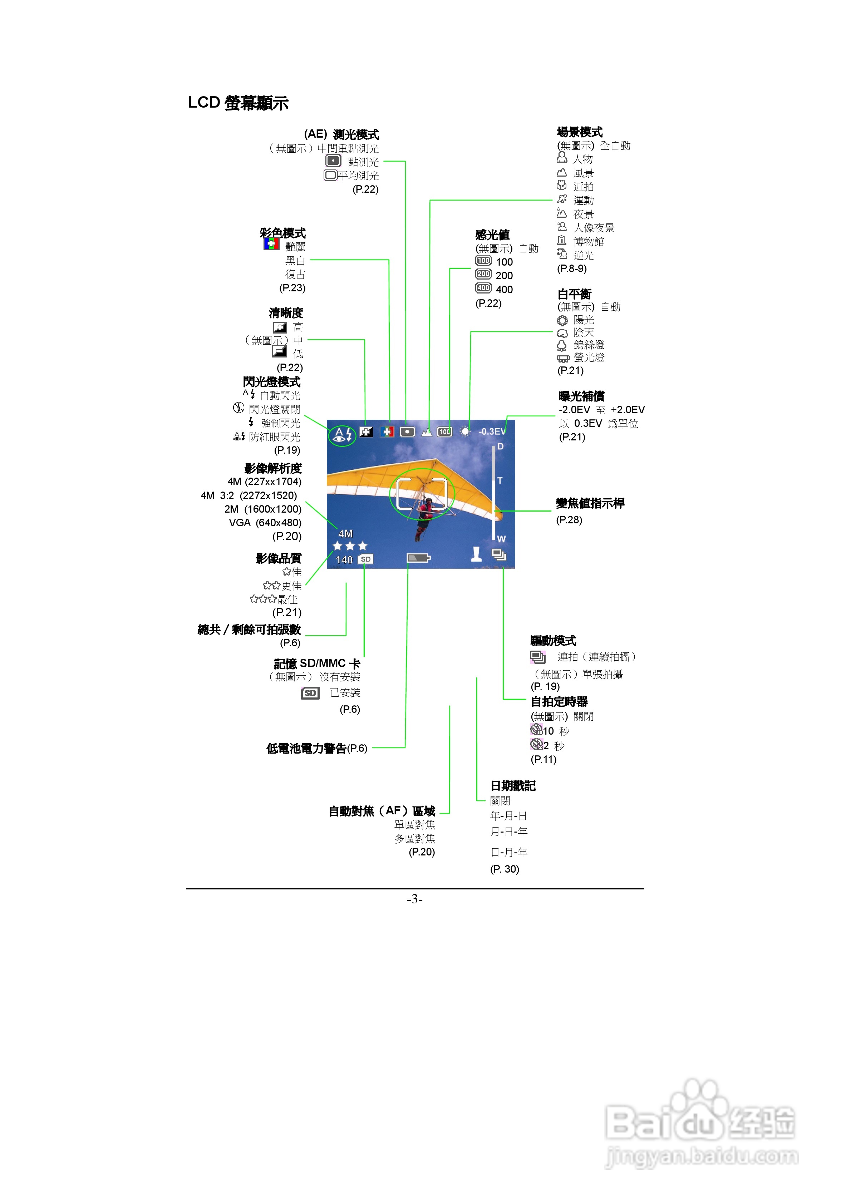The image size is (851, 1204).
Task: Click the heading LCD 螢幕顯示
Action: [x=238, y=103]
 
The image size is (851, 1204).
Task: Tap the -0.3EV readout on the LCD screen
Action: [x=492, y=431]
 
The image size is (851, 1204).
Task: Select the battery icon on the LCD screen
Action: [x=418, y=558]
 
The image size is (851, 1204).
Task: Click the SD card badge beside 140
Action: [x=366, y=559]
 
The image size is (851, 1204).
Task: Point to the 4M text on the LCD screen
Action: [x=345, y=534]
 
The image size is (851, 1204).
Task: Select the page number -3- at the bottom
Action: [x=414, y=899]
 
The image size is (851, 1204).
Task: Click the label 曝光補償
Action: [x=581, y=396]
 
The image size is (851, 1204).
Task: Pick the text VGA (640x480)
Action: [x=265, y=523]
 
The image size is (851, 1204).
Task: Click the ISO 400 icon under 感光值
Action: [x=483, y=288]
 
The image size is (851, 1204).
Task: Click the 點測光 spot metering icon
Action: [x=333, y=161]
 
